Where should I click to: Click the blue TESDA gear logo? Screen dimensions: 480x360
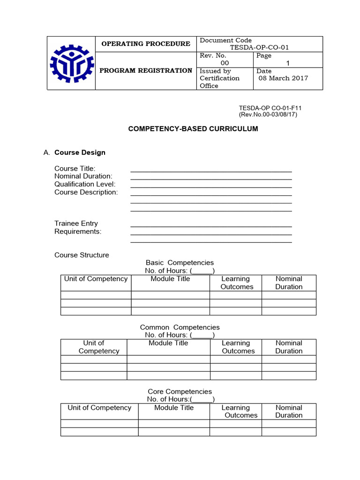point(71,63)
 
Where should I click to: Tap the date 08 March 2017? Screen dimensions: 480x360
point(283,78)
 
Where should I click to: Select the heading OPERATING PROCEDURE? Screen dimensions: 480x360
point(146,44)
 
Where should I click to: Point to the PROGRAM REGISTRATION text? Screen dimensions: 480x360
point(146,71)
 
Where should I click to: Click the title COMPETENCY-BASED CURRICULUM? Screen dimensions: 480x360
point(193,128)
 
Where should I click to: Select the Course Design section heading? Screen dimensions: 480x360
point(80,152)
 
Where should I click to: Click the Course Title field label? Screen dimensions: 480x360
point(75,168)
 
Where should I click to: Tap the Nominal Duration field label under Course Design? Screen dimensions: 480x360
point(83,176)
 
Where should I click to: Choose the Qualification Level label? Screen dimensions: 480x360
point(85,184)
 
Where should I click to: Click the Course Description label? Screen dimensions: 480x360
point(86,192)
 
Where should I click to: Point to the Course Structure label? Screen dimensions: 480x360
point(82,255)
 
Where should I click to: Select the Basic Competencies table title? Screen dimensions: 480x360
point(180,263)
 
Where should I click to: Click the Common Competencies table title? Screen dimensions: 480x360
point(180,327)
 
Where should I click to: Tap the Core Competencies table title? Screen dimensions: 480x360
point(180,391)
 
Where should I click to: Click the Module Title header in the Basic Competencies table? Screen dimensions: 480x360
point(170,279)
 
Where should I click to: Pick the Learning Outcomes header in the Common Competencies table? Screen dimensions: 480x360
point(238,347)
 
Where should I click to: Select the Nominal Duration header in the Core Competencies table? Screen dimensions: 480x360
point(289,411)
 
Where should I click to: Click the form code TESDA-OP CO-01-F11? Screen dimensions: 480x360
point(270,108)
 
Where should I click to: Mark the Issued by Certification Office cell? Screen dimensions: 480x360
point(219,78)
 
